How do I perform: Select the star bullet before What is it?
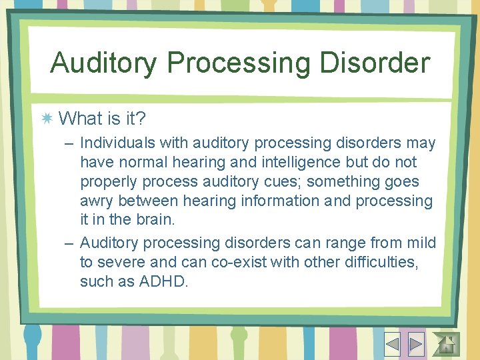pyautogui.click(x=47, y=119)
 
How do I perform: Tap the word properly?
pyautogui.click(x=106, y=181)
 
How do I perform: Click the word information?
pyautogui.click(x=261, y=201)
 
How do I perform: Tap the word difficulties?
pyautogui.click(x=380, y=262)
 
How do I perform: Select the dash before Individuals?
pyautogui.click(x=69, y=143)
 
